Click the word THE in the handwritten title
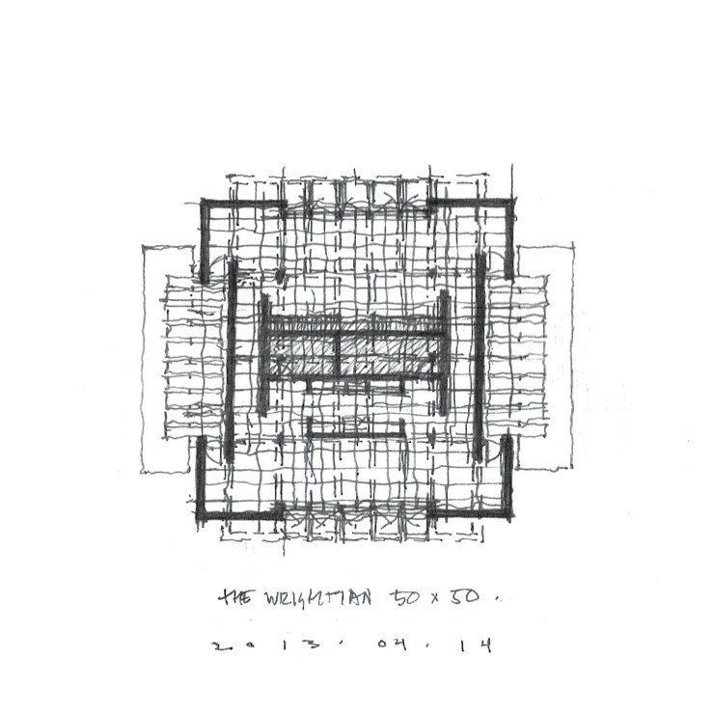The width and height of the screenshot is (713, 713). [233, 598]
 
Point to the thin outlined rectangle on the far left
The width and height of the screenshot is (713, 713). [154, 357]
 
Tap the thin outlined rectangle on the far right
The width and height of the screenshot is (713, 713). [558, 357]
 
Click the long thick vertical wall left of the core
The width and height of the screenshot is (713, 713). [232, 357]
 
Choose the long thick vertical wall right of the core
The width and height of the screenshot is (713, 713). [480, 357]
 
